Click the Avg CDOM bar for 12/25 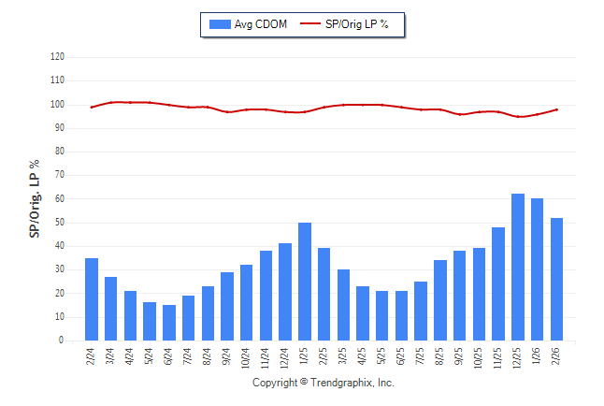(518, 268)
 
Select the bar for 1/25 (305, 282)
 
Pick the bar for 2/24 (92, 299)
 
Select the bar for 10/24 (247, 302)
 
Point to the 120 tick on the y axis (58, 56)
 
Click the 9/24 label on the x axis (228, 357)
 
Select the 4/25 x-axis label (364, 357)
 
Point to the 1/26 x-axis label (539, 357)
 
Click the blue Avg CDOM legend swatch (219, 24)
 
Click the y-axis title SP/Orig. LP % (36, 198)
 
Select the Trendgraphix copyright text (324, 383)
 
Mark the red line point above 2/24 (92, 108)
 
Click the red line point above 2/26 (557, 109)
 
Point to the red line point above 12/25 (518, 117)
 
